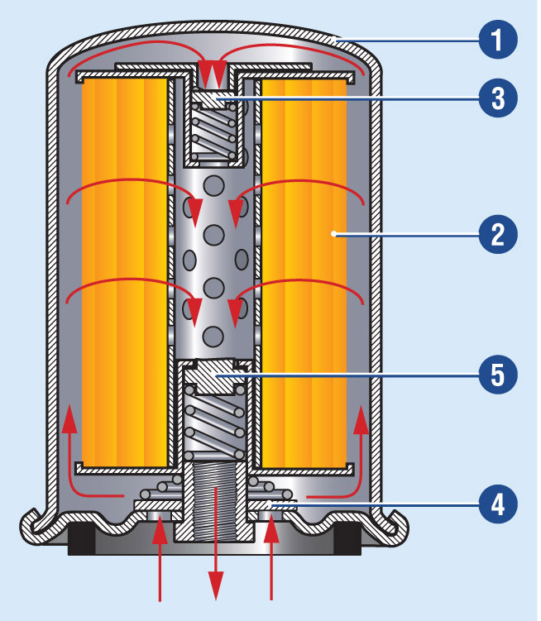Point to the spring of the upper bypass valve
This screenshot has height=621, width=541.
click(x=214, y=132)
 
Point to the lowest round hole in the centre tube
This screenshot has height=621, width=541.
click(x=214, y=336)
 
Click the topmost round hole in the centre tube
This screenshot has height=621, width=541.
click(x=214, y=184)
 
